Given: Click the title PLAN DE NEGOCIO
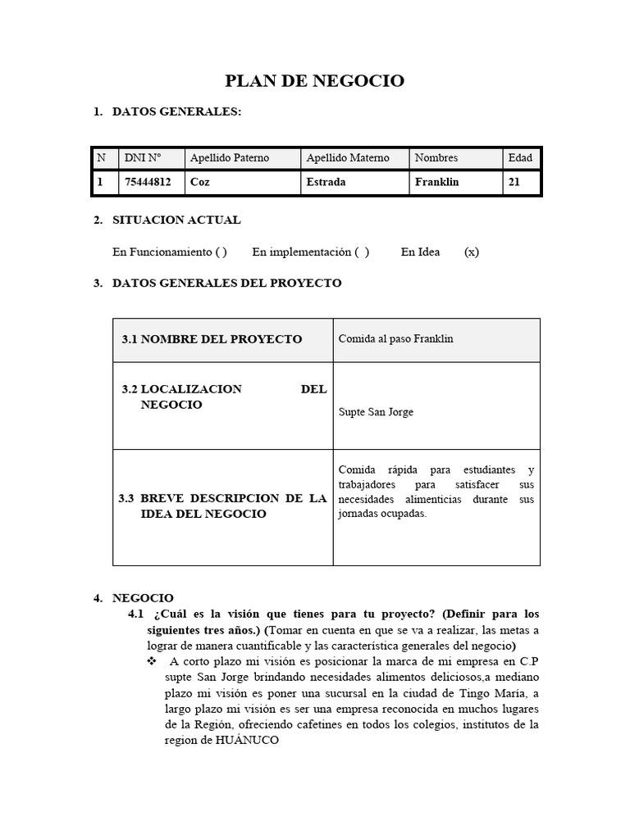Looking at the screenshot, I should coord(315,80).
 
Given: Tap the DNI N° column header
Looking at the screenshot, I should coord(142,158).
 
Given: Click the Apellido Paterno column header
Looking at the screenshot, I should coord(229,158).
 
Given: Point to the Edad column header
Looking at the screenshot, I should coord(520,158).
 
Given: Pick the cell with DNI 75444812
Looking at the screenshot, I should coord(147,183).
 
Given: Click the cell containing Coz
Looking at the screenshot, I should coord(199,183).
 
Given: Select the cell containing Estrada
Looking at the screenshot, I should coord(326,183).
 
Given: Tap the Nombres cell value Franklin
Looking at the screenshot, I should coord(436,183).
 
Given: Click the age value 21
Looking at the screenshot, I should coord(514,183).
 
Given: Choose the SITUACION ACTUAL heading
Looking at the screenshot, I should coord(176,220).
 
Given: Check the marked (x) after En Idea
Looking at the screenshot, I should coord(471,252).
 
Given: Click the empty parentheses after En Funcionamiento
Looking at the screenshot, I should coord(221,252).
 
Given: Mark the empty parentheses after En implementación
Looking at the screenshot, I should coord(362,252).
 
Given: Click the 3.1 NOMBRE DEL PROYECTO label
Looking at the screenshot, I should coord(212,339).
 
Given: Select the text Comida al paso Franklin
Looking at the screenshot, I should coord(395,338).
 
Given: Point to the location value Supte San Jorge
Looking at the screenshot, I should coord(376,412).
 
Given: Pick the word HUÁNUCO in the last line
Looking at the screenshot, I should coord(247,740).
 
